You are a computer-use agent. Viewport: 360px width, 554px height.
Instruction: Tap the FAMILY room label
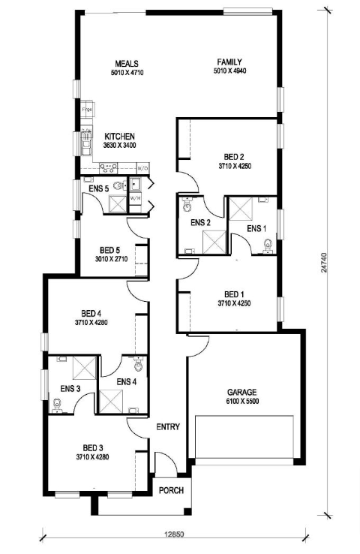(229, 62)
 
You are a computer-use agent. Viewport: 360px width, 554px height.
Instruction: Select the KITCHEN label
(119, 136)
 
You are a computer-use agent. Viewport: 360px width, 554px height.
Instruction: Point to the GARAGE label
(242, 392)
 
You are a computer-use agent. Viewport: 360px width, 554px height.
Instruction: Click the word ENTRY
(168, 427)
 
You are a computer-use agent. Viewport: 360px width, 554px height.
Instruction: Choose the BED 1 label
(234, 294)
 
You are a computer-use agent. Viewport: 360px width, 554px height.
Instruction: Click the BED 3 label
(92, 447)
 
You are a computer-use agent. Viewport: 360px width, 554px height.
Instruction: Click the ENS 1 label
(256, 228)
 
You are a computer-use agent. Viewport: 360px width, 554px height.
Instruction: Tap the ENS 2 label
(200, 222)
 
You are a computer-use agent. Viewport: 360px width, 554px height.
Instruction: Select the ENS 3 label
(70, 388)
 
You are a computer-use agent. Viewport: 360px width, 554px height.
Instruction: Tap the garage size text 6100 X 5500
(242, 402)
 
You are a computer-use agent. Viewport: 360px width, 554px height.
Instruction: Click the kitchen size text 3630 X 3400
(119, 145)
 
